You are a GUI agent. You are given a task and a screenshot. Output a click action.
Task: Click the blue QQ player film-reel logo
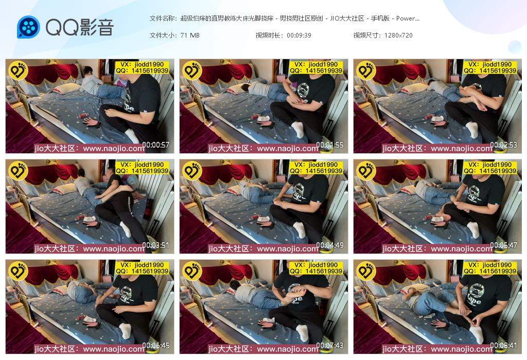pyautogui.click(x=29, y=27)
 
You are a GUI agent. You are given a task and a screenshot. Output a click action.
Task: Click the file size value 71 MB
pyautogui.click(x=190, y=35)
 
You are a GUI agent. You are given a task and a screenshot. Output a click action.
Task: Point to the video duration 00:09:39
pyautogui.click(x=299, y=35)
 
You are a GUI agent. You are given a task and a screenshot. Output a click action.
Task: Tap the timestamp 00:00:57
pyautogui.click(x=155, y=145)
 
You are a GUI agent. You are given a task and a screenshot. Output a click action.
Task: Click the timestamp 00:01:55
pyautogui.click(x=330, y=145)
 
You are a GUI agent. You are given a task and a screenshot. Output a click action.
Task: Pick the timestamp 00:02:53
pyautogui.click(x=503, y=145)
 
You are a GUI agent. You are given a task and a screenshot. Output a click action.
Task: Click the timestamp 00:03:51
pyautogui.click(x=155, y=245)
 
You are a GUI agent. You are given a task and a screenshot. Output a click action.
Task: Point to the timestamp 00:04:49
pyautogui.click(x=330, y=245)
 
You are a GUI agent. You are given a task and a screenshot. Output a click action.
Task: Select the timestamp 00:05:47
pyautogui.click(x=503, y=245)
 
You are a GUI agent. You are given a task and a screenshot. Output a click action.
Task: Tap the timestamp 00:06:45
pyautogui.click(x=155, y=345)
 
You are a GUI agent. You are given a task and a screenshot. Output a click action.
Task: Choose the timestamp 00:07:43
pyautogui.click(x=330, y=345)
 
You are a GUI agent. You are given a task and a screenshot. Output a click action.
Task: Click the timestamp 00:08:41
pyautogui.click(x=503, y=345)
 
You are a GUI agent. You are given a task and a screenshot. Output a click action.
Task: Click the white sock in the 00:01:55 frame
pyautogui.click(x=298, y=130)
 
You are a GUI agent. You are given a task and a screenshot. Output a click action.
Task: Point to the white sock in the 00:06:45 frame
pyautogui.click(x=126, y=331)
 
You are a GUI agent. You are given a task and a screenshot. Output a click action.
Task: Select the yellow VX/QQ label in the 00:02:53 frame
pyautogui.click(x=490, y=67)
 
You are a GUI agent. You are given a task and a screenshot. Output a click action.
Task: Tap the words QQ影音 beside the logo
pyautogui.click(x=80, y=27)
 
